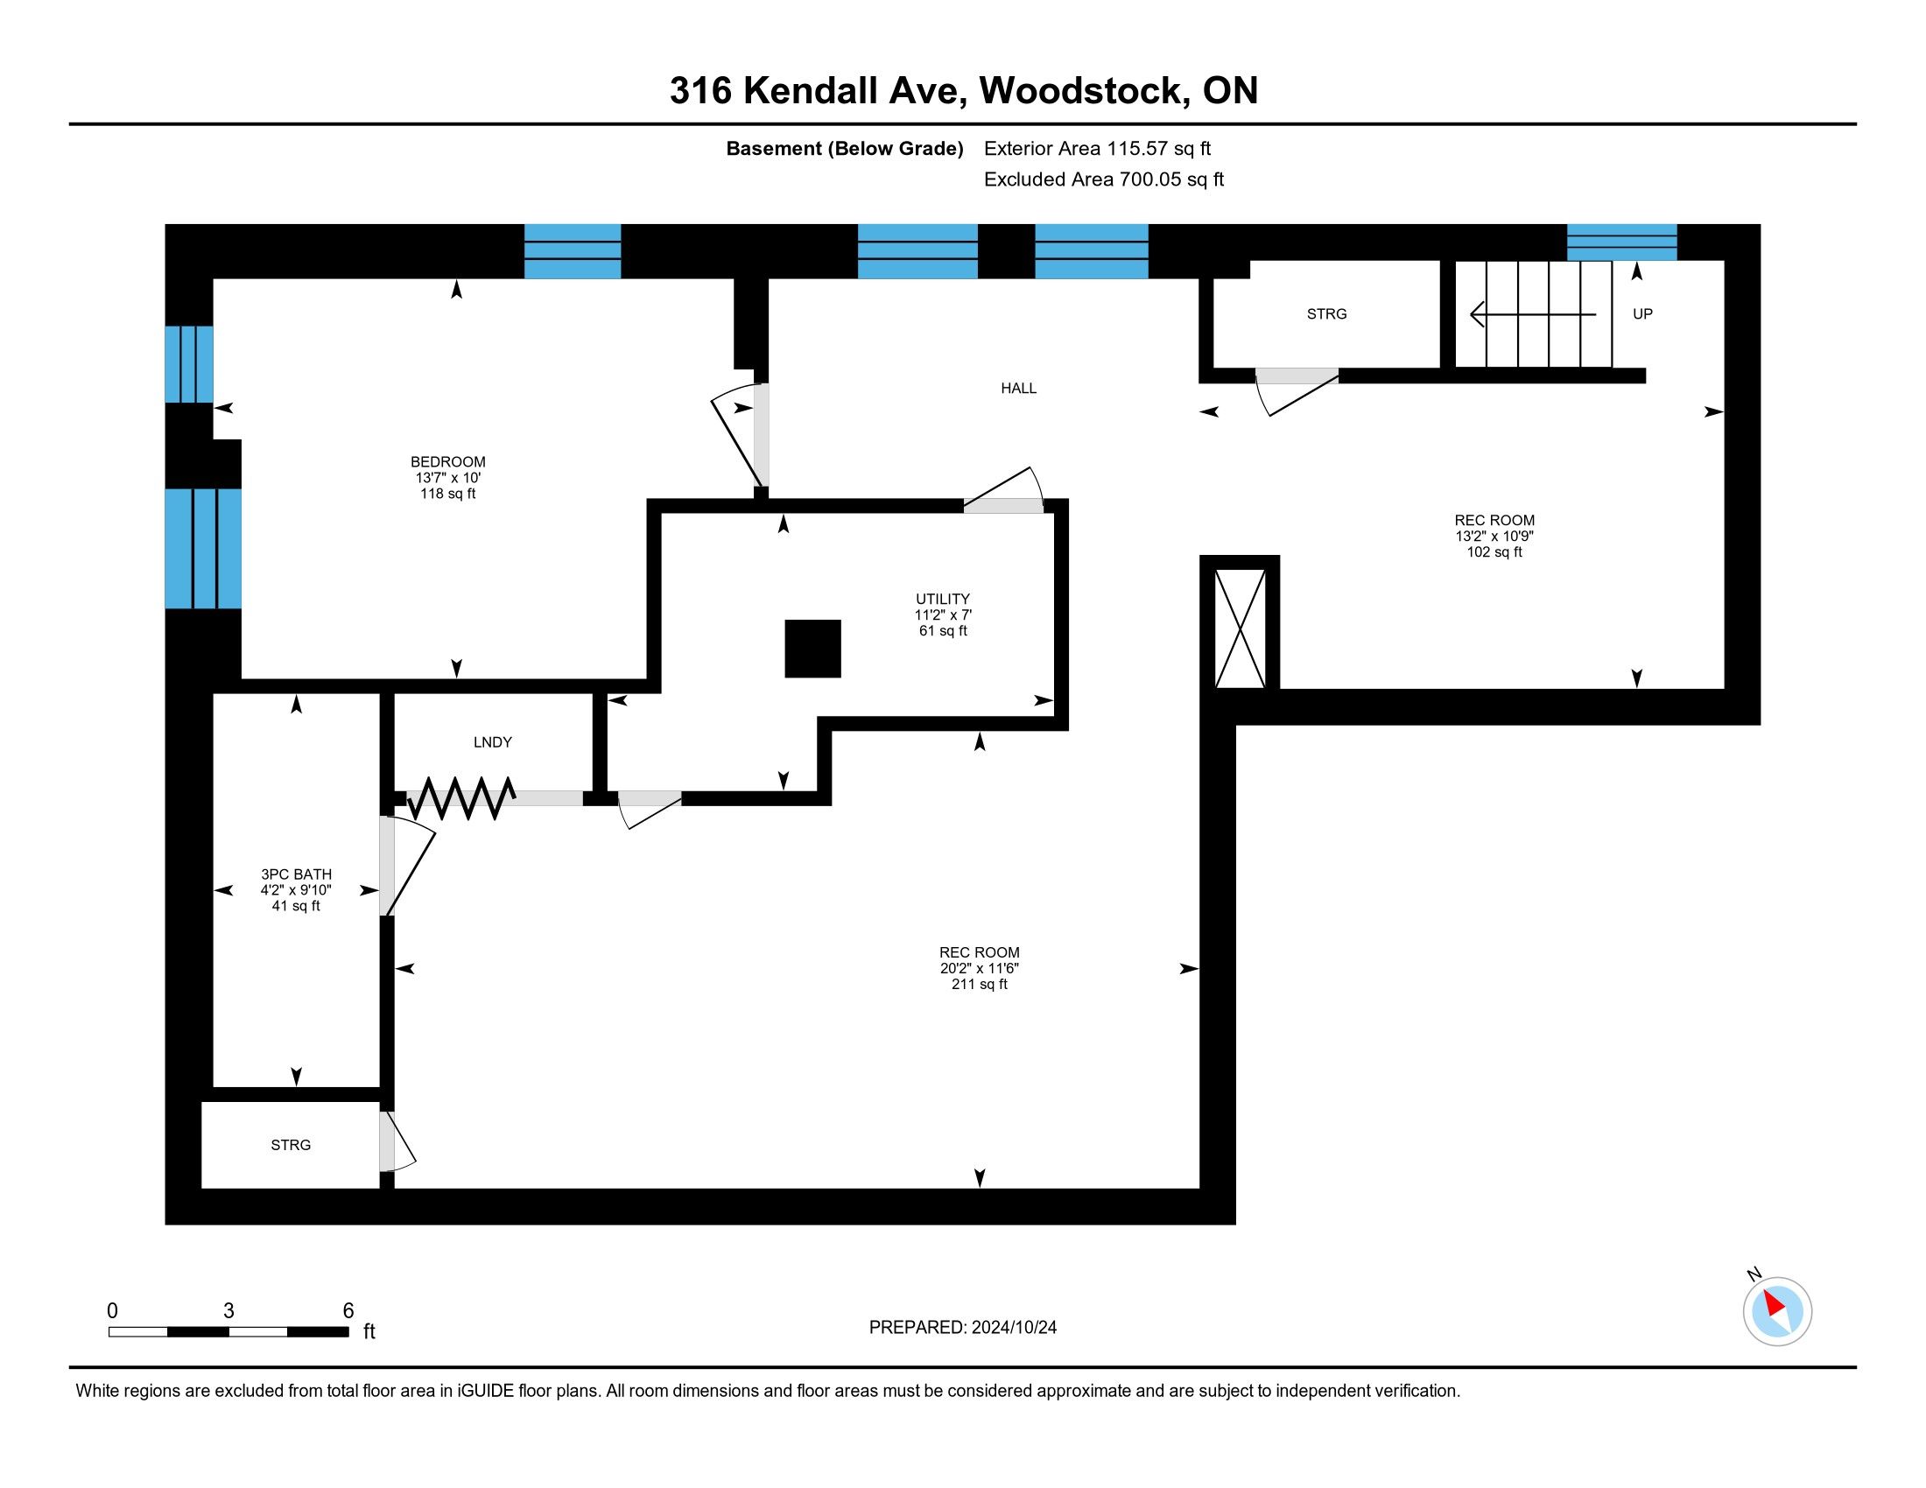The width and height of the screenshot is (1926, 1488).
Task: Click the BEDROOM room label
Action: pyautogui.click(x=448, y=462)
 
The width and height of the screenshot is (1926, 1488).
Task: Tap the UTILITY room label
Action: pyautogui.click(x=943, y=600)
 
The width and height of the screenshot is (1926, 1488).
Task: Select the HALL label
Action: pyautogui.click(x=1018, y=389)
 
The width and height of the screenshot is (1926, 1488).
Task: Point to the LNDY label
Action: pyautogui.click(x=492, y=743)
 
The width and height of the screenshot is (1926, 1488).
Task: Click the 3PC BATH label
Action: pyautogui.click(x=296, y=874)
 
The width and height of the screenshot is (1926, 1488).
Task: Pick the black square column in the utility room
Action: pyautogui.click(x=812, y=649)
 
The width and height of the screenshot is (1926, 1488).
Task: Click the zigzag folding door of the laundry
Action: pyautogui.click(x=460, y=797)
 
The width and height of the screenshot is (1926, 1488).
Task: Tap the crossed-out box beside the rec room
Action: pyautogui.click(x=1240, y=628)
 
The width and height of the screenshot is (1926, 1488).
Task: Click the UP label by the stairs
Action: pyautogui.click(x=1642, y=315)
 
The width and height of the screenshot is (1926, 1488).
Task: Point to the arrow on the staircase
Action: pyautogui.click(x=1533, y=314)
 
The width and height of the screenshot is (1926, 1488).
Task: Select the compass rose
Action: pyautogui.click(x=1777, y=1311)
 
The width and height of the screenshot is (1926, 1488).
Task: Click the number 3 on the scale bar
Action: pyautogui.click(x=228, y=1311)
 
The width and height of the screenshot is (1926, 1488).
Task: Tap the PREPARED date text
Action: pyautogui.click(x=962, y=1328)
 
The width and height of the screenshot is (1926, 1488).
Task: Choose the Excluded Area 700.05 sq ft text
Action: pyautogui.click(x=1103, y=179)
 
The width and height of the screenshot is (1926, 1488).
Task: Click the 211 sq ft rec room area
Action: pyautogui.click(x=979, y=985)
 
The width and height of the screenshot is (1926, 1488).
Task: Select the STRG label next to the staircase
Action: pyautogui.click(x=1326, y=315)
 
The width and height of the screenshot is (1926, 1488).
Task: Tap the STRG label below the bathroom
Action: pyautogui.click(x=290, y=1146)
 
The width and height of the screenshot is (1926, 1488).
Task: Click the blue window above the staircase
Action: pyautogui.click(x=1620, y=242)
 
